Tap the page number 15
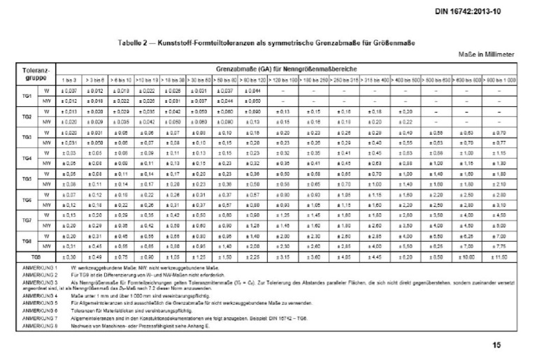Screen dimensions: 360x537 point(497,345)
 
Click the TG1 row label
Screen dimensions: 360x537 point(27,96)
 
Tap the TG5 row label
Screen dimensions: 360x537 point(27,178)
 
